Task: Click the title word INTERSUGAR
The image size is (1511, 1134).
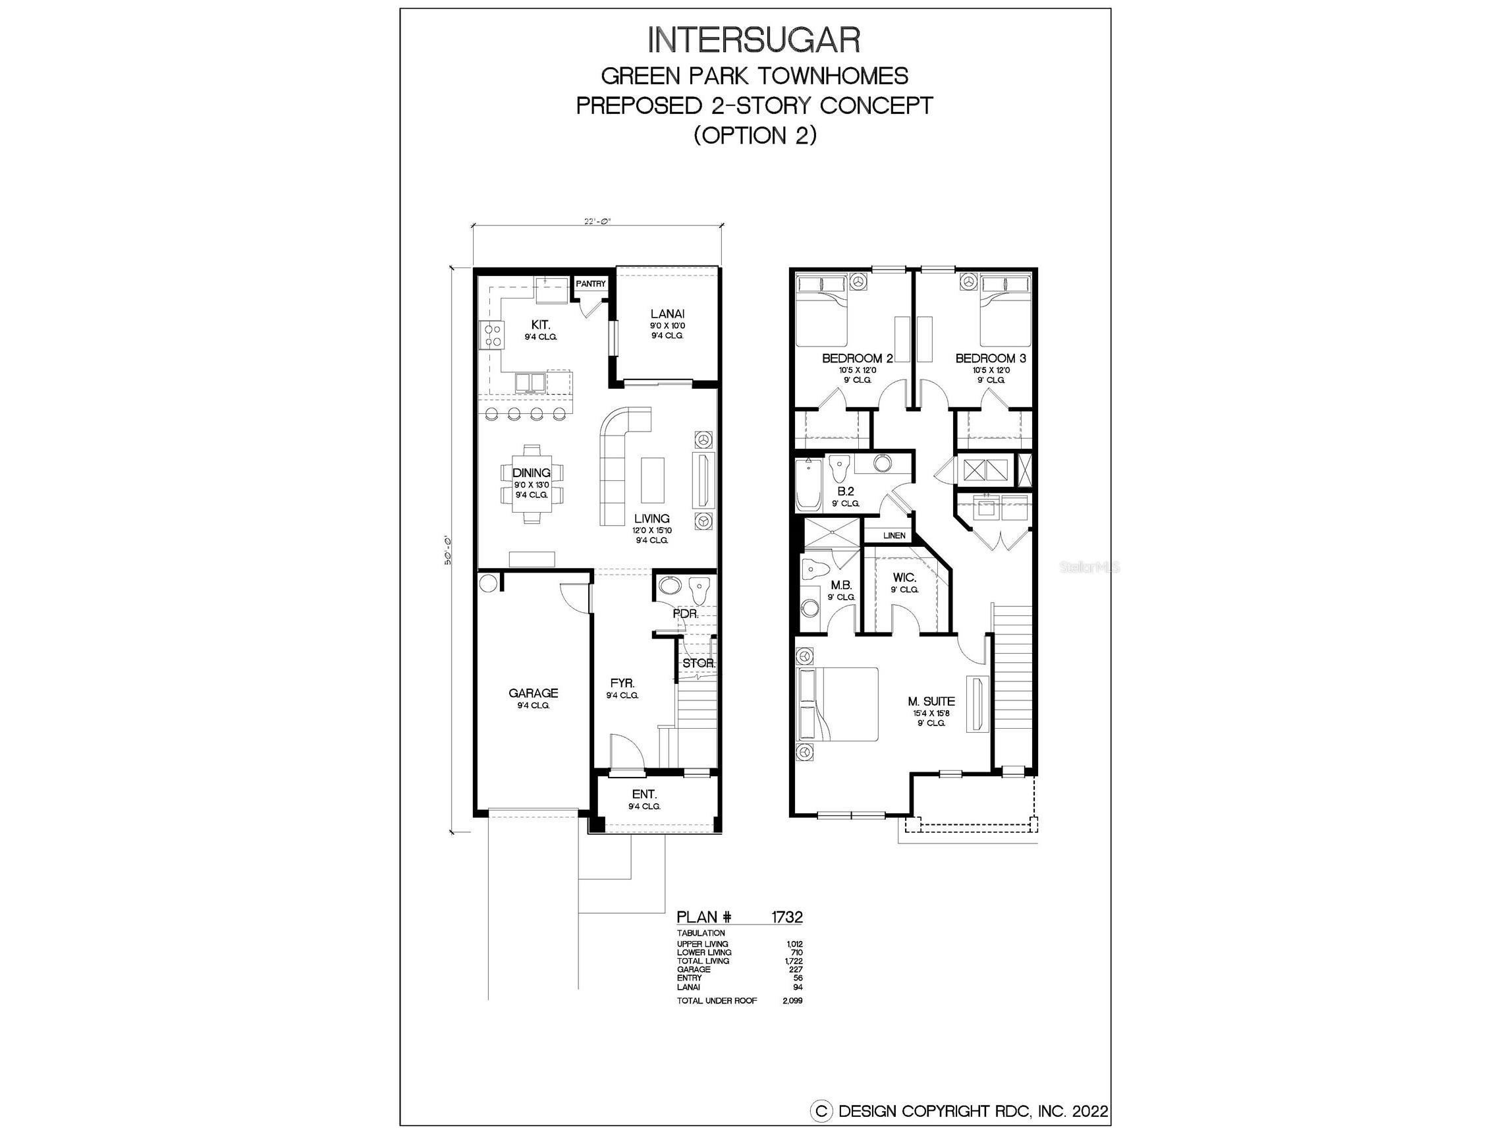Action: coord(754,41)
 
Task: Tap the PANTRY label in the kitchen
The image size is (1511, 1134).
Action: coord(590,284)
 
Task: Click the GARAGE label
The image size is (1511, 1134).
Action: coord(533,693)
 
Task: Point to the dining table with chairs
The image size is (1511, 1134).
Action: coord(532,483)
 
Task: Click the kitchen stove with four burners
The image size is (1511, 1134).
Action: coord(492,335)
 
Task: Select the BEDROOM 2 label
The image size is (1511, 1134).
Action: coord(856,358)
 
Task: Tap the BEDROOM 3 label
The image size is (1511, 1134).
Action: coord(990,358)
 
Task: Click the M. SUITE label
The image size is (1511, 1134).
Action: coord(931,701)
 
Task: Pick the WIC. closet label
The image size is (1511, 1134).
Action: coord(904,578)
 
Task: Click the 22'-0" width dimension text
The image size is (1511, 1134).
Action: coord(597,221)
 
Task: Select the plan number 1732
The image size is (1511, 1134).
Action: coord(786,917)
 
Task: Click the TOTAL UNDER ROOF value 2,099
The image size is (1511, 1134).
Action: coord(792,1001)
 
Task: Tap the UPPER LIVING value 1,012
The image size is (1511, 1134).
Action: coord(794,944)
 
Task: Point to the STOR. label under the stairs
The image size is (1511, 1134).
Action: coord(698,663)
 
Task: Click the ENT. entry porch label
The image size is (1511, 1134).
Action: coord(644,794)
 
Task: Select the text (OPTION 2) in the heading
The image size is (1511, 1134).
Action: coord(755,135)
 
